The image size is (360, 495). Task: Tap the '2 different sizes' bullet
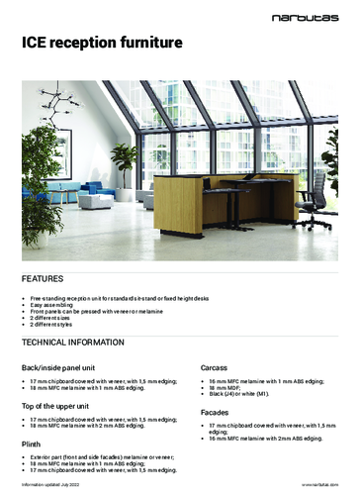51,294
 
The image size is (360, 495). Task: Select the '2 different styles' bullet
52,302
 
